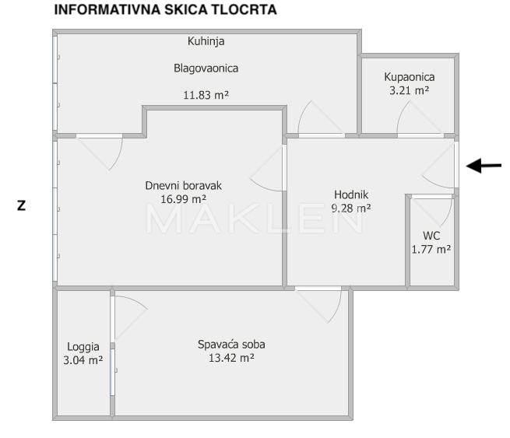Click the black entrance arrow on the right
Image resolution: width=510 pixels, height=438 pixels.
coord(484,165)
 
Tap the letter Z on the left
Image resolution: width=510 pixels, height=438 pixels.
coord(22,206)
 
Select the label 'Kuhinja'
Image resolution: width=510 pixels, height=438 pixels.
coord(206,41)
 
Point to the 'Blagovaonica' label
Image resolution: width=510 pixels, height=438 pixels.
coord(206,68)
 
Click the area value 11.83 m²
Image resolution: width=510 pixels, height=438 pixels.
coord(206,96)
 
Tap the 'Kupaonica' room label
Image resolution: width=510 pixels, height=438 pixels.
coord(409,77)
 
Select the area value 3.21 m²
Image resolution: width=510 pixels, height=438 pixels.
coord(409,90)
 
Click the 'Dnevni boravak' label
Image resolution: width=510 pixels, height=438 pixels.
coord(184,186)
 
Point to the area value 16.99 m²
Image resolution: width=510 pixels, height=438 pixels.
coord(184,199)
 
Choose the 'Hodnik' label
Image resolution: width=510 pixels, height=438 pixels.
coord(350,194)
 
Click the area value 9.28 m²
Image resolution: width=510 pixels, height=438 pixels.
coord(350,208)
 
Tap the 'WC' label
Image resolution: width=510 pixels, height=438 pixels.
coord(431,236)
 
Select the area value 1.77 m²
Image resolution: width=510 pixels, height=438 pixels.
coord(431,249)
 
